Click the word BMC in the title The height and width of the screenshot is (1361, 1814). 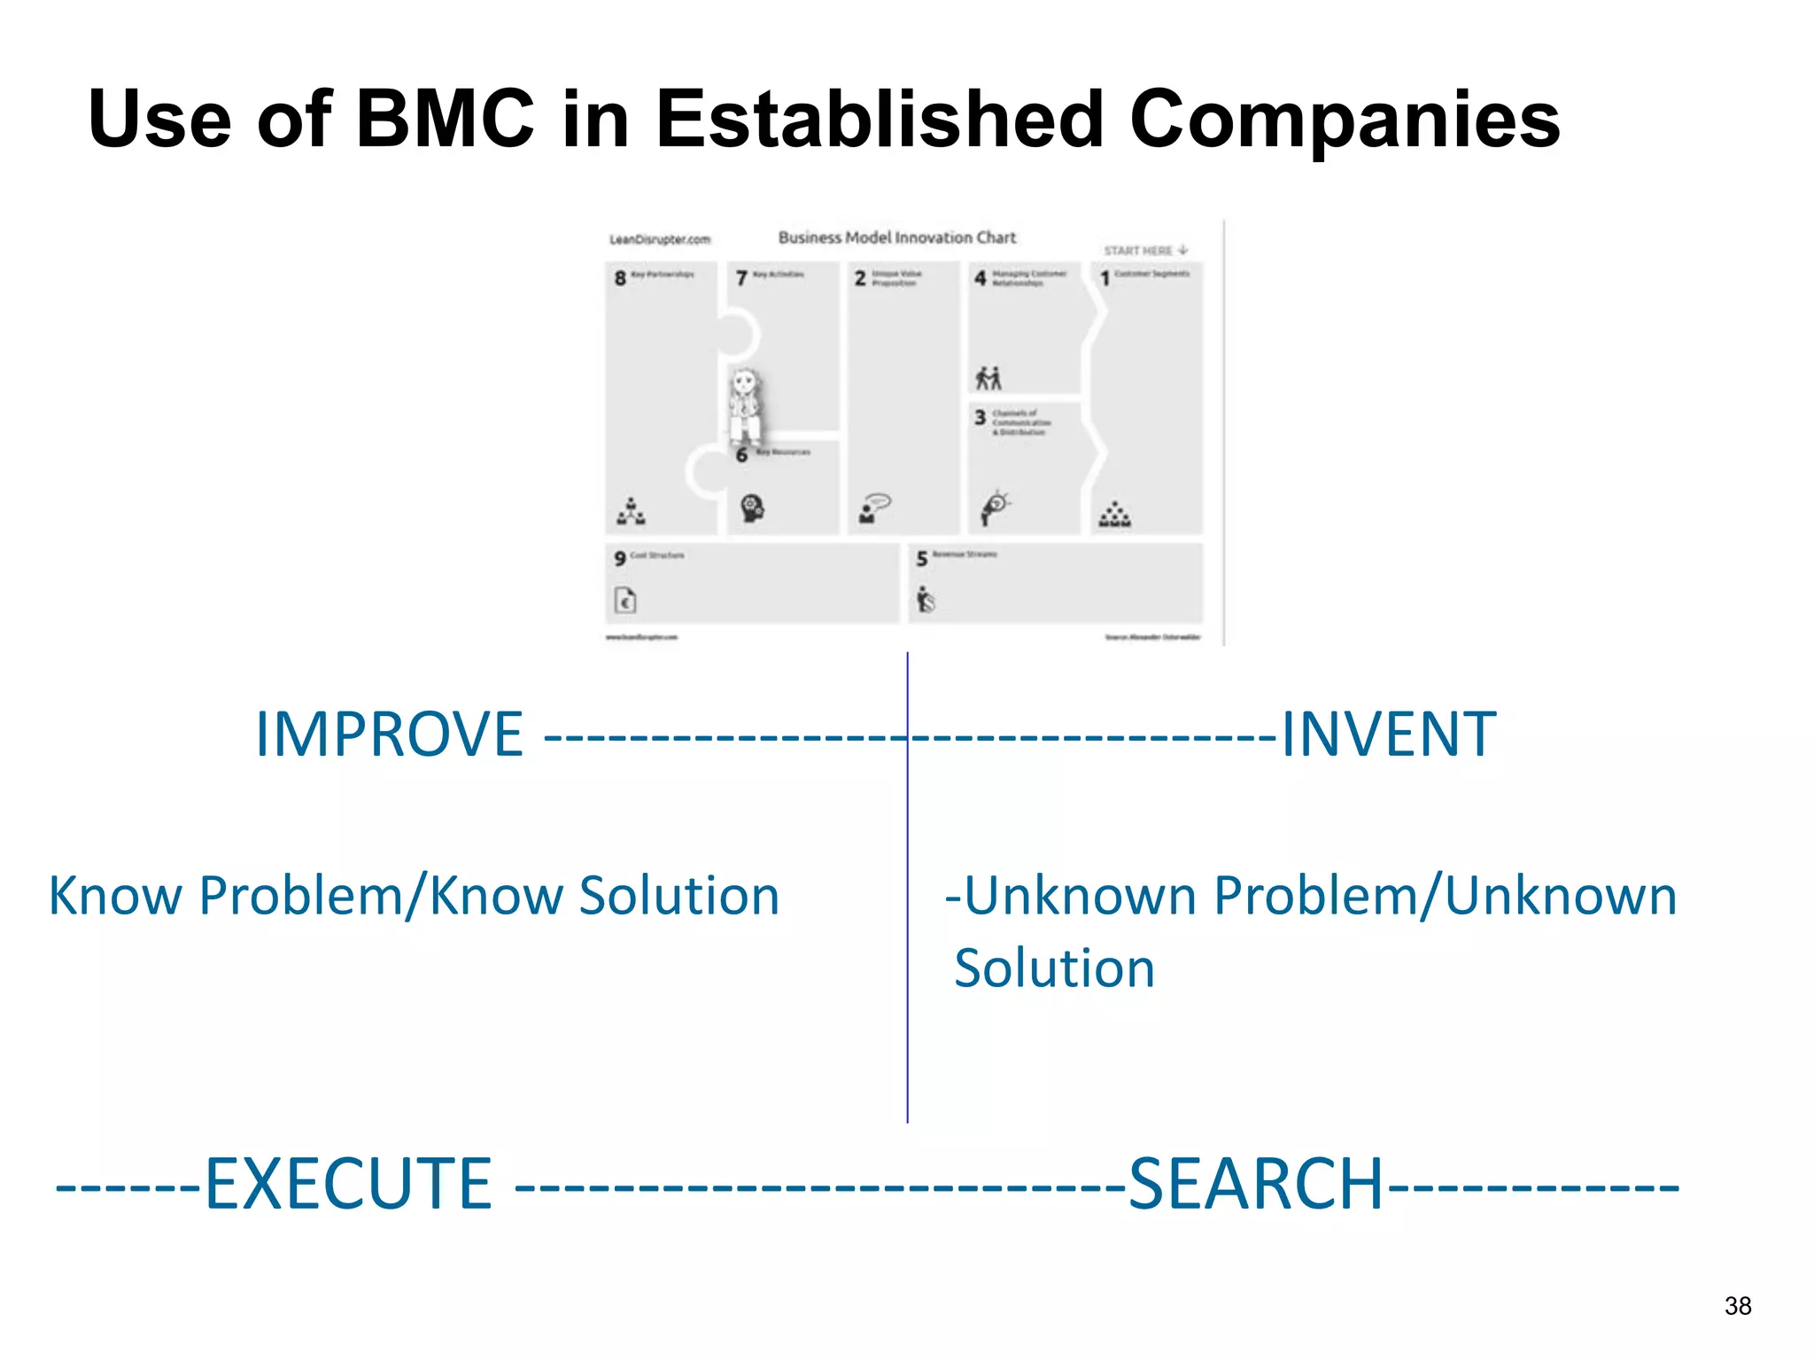[445, 120]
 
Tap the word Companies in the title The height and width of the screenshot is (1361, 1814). [1344, 120]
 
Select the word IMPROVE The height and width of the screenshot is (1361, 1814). [389, 735]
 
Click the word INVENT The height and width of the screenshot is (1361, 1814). [1388, 735]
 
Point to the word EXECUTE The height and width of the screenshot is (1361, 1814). [348, 1185]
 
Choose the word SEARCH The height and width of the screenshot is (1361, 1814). [1255, 1185]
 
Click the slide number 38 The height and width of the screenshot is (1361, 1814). [1738, 1306]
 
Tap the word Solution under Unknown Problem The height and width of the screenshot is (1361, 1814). [1054, 968]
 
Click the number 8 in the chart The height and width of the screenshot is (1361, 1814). [620, 278]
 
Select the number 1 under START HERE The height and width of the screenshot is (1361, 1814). [1105, 279]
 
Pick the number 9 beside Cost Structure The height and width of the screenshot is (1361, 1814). [619, 558]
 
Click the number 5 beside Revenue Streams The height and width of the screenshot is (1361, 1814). [921, 559]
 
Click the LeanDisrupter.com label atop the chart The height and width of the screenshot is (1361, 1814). [660, 239]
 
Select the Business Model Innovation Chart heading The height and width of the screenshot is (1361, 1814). [896, 237]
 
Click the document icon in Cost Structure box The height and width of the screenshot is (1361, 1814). [625, 601]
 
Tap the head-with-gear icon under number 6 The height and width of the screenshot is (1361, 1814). [752, 509]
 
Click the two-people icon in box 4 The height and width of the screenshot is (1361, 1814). [988, 378]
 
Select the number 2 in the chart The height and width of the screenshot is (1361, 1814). [859, 278]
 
